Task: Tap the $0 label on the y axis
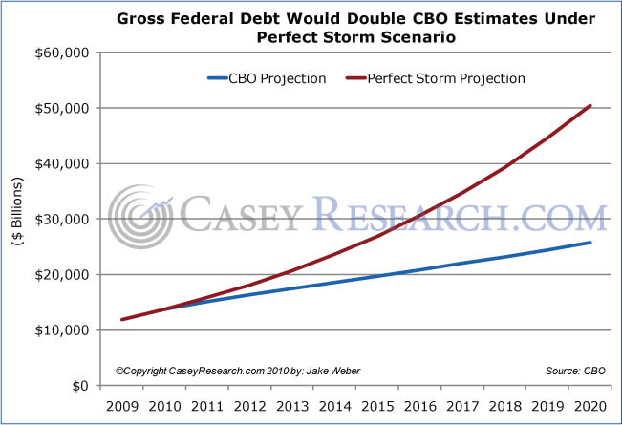[x=80, y=386]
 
